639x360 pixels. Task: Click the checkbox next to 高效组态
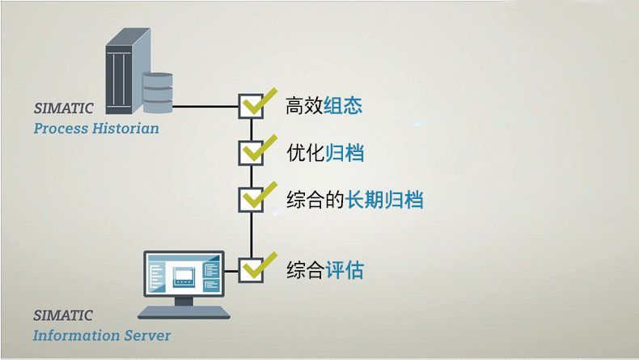pyautogui.click(x=251, y=107)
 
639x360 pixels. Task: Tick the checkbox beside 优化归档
pyautogui.click(x=251, y=153)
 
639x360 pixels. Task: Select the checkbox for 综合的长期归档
pyautogui.click(x=251, y=200)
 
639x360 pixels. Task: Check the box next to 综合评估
pyautogui.click(x=251, y=270)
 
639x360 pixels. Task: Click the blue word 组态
pyautogui.click(x=343, y=106)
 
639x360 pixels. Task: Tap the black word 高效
pyautogui.click(x=304, y=106)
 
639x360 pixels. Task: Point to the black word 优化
pyautogui.click(x=306, y=153)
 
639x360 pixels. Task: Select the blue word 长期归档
pyautogui.click(x=384, y=200)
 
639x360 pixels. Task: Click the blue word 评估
pyautogui.click(x=345, y=270)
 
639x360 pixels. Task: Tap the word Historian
pyautogui.click(x=125, y=129)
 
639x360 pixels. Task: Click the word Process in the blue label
pyautogui.click(x=61, y=129)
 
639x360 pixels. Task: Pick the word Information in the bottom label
pyautogui.click(x=77, y=336)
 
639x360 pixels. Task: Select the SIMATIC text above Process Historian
pyautogui.click(x=64, y=108)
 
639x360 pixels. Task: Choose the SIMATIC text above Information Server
pyautogui.click(x=63, y=316)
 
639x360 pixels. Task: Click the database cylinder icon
pyautogui.click(x=158, y=92)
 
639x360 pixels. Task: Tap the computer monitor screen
pyautogui.click(x=184, y=273)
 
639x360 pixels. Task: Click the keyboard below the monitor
pyautogui.click(x=184, y=312)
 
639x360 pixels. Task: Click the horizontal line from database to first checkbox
pyautogui.click(x=205, y=107)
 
